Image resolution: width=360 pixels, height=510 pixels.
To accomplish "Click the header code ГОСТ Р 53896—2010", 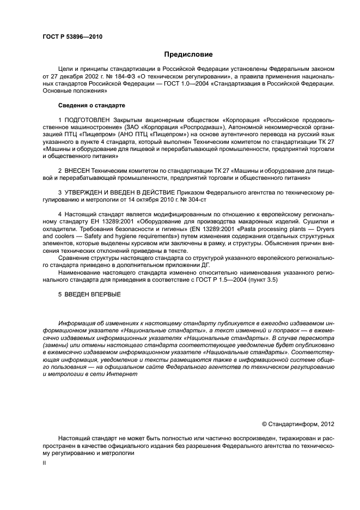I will [x=72, y=38].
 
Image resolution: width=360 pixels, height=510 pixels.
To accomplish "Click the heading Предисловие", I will [x=188, y=54].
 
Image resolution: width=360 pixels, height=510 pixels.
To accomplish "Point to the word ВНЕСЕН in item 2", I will [x=77, y=170].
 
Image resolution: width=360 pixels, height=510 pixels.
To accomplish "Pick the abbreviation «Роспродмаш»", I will [x=196, y=126].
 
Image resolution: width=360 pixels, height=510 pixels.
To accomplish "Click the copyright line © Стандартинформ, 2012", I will [x=298, y=423].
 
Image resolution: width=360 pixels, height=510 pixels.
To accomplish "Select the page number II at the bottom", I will [x=45, y=462].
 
